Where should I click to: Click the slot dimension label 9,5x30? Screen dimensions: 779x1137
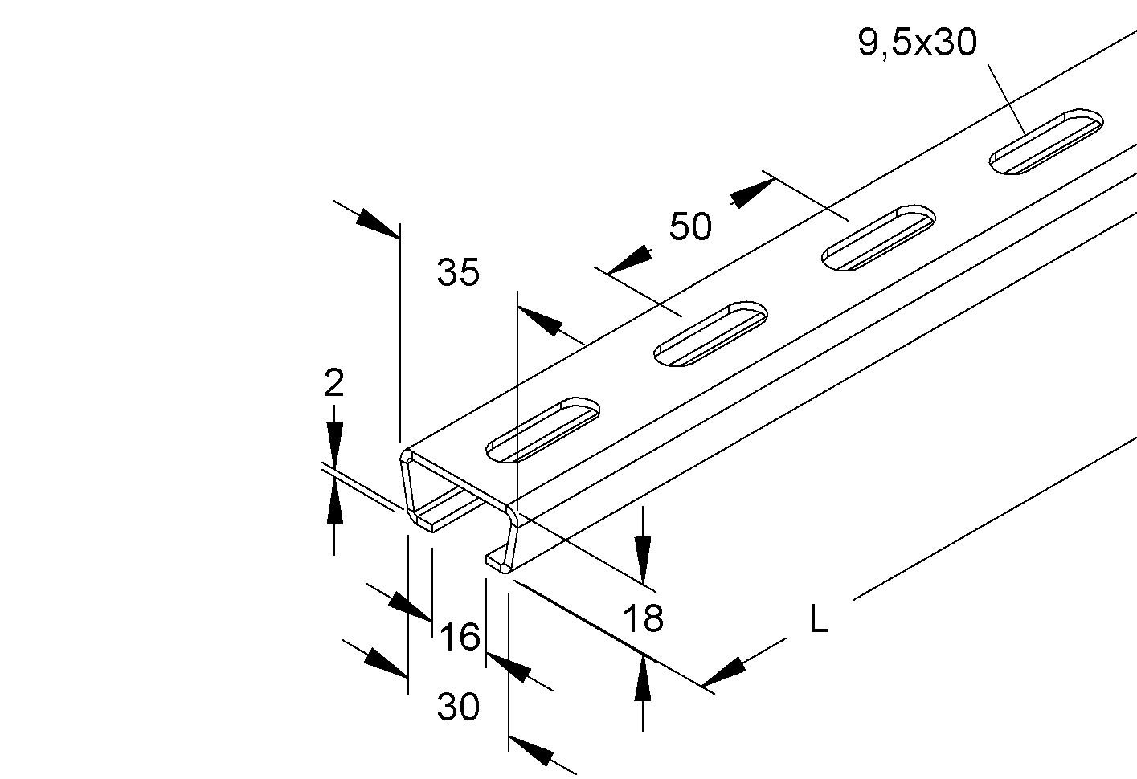(x=917, y=42)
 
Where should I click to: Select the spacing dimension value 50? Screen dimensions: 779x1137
(x=690, y=227)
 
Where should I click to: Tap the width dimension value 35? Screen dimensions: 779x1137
(x=458, y=273)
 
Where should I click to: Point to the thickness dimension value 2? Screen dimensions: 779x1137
(x=333, y=384)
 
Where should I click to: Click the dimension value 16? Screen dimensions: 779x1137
(x=460, y=638)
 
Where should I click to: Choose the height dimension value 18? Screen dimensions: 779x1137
(x=643, y=618)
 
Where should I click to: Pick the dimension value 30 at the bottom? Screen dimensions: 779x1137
(x=458, y=708)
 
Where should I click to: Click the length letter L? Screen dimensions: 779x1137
(x=818, y=620)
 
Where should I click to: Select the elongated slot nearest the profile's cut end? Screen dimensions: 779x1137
(x=544, y=430)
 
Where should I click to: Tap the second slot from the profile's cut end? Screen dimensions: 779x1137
(x=711, y=333)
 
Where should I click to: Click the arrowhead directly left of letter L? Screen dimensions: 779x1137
(x=723, y=673)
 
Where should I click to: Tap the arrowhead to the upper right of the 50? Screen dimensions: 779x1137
(x=751, y=194)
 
